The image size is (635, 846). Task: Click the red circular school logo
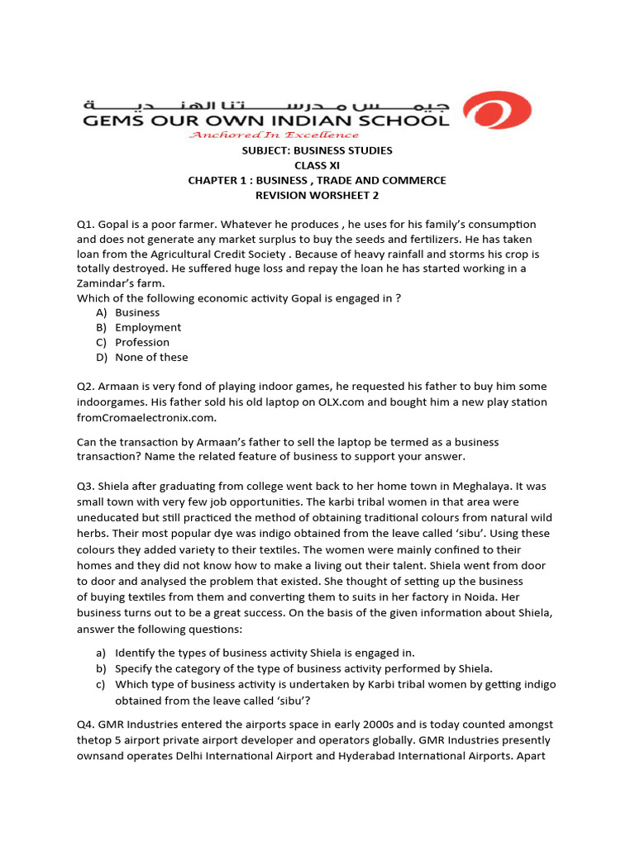point(496,110)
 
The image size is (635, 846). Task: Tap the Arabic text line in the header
point(265,106)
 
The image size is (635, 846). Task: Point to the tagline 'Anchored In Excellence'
point(275,135)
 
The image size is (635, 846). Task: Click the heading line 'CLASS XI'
point(317,165)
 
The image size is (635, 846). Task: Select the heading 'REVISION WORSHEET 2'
point(317,195)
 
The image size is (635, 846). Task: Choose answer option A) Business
point(128,312)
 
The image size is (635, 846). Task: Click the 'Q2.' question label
point(86,387)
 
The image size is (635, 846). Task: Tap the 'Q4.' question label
point(87,725)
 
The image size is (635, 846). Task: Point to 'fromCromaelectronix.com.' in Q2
point(146,417)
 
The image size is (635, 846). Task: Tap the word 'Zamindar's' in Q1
point(109,283)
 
